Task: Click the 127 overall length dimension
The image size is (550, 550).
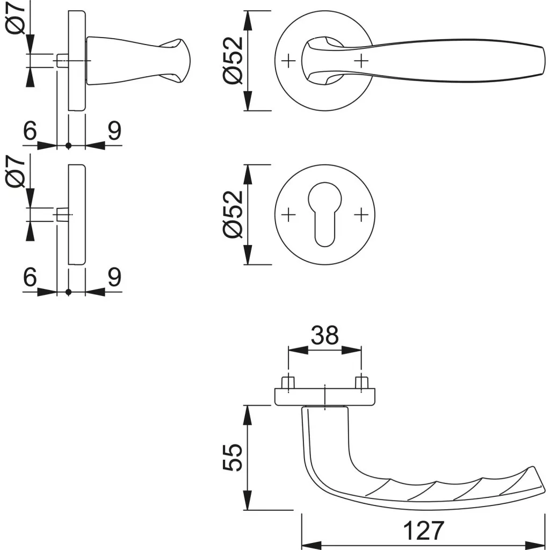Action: (x=424, y=531)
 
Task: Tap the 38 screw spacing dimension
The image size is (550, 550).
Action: (x=325, y=336)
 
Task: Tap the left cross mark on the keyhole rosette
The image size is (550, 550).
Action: (x=288, y=215)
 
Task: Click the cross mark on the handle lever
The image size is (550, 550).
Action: (x=361, y=61)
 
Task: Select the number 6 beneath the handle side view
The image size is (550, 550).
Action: (x=30, y=131)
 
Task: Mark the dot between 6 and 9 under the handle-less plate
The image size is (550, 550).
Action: (x=68, y=292)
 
